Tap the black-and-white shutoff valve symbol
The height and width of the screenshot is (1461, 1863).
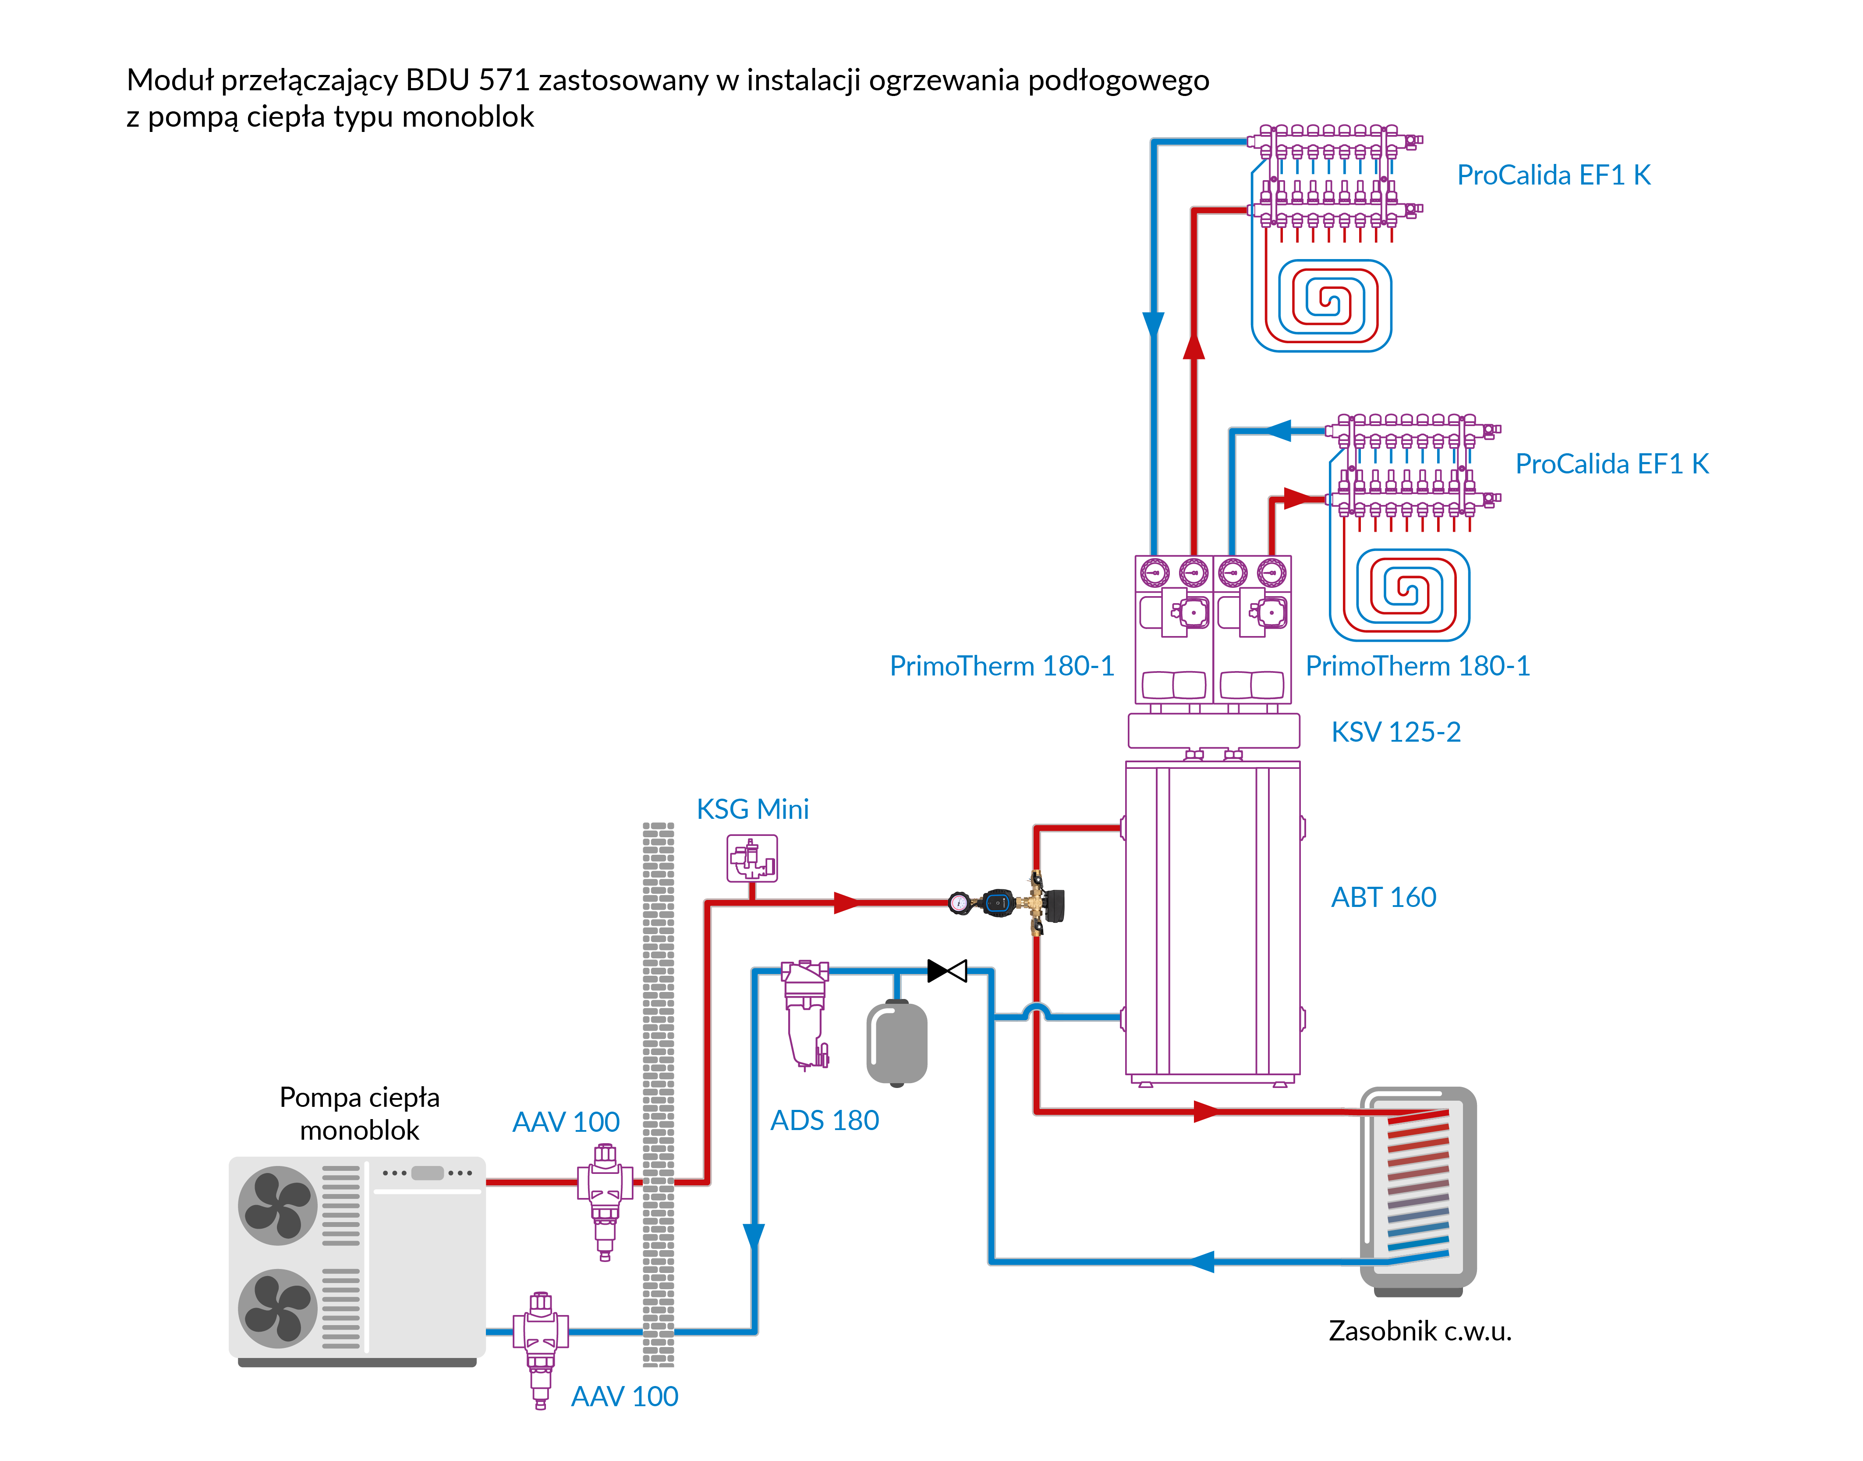point(946,971)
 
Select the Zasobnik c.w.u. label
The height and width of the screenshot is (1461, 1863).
point(1419,1331)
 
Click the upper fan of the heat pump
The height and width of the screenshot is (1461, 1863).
point(277,1206)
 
